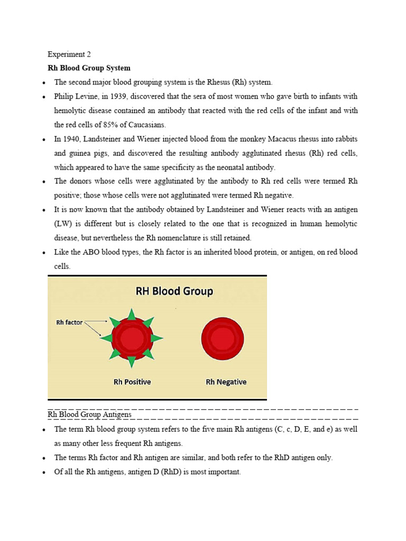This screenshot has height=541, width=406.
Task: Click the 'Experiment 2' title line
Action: click(x=66, y=54)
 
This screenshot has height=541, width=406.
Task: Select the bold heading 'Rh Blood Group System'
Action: click(x=89, y=68)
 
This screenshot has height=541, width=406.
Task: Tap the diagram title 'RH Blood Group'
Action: click(x=174, y=291)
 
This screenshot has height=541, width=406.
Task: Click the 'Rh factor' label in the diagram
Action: click(x=69, y=322)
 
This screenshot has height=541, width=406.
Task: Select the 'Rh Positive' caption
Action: click(x=132, y=381)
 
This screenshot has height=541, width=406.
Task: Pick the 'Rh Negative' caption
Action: click(x=226, y=381)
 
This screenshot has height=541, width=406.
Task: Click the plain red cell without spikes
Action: click(x=223, y=338)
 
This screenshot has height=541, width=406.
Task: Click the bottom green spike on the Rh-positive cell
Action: click(x=132, y=361)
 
